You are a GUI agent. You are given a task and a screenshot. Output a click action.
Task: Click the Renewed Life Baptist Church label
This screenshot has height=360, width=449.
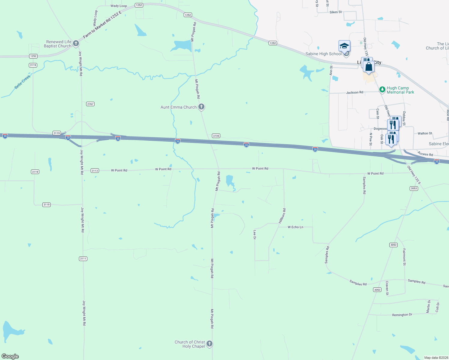pyautogui.click(x=58, y=44)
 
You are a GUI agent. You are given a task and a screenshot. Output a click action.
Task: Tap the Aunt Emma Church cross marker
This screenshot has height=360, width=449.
pyautogui.click(x=201, y=106)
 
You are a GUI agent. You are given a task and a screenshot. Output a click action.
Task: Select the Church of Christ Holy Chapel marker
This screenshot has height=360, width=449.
pyautogui.click(x=209, y=343)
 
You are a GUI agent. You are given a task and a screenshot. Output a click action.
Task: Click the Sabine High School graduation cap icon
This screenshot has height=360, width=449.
pyautogui.click(x=344, y=46)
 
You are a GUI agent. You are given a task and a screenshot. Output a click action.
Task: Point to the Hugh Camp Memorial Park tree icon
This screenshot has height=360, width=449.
pyautogui.click(x=382, y=89)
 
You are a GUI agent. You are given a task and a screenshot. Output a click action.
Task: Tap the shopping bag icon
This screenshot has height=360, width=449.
pyautogui.click(x=369, y=67)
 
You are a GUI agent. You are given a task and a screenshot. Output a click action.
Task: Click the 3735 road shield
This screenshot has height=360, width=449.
pyautogui.click(x=216, y=136)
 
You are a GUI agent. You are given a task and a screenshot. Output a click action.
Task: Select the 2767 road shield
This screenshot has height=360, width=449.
pyautogui.click(x=90, y=104)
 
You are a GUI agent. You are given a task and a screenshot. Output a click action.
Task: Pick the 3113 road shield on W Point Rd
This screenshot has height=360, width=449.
pyautogui.click(x=95, y=170)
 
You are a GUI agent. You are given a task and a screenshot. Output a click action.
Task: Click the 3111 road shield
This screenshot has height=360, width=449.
pyautogui.click(x=83, y=259)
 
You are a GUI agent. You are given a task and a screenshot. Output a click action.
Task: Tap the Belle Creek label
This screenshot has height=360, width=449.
pyautogui.click(x=23, y=82)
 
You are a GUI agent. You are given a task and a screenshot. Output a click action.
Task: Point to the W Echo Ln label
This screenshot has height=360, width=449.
pyautogui.click(x=295, y=227)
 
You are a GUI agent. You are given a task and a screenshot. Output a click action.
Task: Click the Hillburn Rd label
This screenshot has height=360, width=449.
pyautogui.click(x=282, y=216)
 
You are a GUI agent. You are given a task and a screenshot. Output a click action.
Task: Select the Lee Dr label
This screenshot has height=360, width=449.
pyautogui.click(x=255, y=235)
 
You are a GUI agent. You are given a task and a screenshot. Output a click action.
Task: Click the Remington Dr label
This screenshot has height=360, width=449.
pyautogui.click(x=402, y=315)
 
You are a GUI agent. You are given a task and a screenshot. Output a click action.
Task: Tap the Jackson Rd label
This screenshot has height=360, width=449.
pyautogui.click(x=354, y=92)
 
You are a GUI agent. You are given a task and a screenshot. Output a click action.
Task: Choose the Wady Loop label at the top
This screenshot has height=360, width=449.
pyautogui.click(x=119, y=6)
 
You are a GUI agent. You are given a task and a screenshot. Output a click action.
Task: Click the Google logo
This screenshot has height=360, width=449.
pyautogui.click(x=10, y=356)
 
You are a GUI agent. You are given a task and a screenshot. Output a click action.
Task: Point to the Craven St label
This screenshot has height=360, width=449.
pyautogui.click(x=387, y=288)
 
